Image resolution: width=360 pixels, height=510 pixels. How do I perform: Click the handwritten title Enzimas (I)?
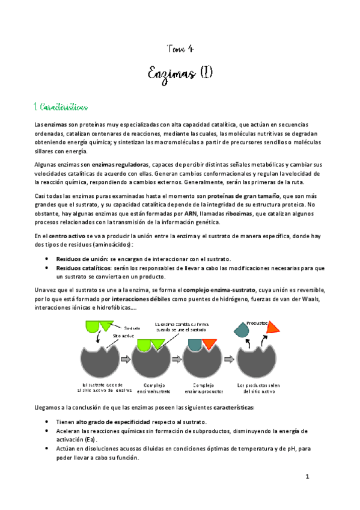coord(180,75)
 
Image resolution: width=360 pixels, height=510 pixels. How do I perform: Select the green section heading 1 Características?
coord(62,106)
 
